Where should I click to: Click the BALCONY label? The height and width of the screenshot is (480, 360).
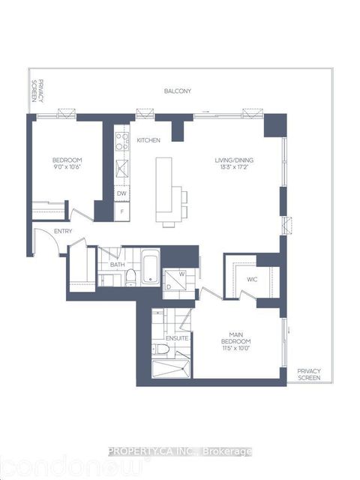click(x=178, y=91)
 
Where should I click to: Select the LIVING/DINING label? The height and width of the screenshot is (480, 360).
click(x=233, y=159)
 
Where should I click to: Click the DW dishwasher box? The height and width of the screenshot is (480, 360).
click(x=121, y=193)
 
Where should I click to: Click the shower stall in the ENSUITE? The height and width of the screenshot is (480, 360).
click(x=172, y=370)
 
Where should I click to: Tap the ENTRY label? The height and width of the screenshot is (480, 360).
click(x=41, y=242)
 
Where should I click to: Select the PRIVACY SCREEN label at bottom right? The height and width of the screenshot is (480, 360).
click(x=308, y=374)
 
